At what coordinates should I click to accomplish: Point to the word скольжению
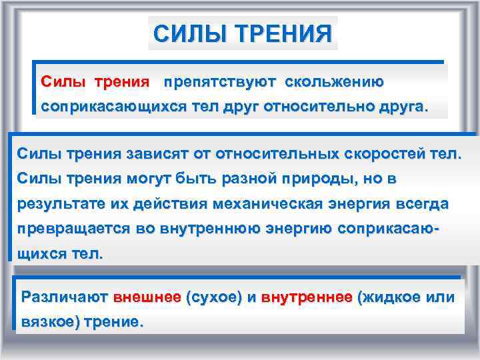point(334,82)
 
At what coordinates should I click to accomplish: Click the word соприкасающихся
point(98,107)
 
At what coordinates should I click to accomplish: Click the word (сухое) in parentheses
point(214,297)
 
